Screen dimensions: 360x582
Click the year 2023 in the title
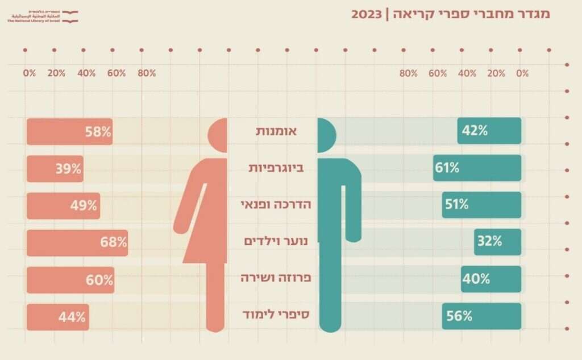click(367, 14)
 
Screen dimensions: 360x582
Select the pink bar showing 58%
click(69, 132)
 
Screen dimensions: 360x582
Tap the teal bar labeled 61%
click(477, 168)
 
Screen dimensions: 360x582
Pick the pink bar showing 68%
click(77, 242)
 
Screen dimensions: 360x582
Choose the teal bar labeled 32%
click(498, 242)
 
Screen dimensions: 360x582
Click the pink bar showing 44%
click(57, 317)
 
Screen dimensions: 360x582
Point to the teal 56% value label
click(459, 317)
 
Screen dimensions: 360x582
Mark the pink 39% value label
click(68, 169)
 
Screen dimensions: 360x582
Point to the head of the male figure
click(326, 135)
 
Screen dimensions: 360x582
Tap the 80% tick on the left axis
click(147, 73)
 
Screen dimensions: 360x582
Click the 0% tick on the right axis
click(522, 73)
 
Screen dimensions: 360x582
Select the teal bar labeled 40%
click(491, 279)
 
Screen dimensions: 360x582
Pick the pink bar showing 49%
click(63, 205)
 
